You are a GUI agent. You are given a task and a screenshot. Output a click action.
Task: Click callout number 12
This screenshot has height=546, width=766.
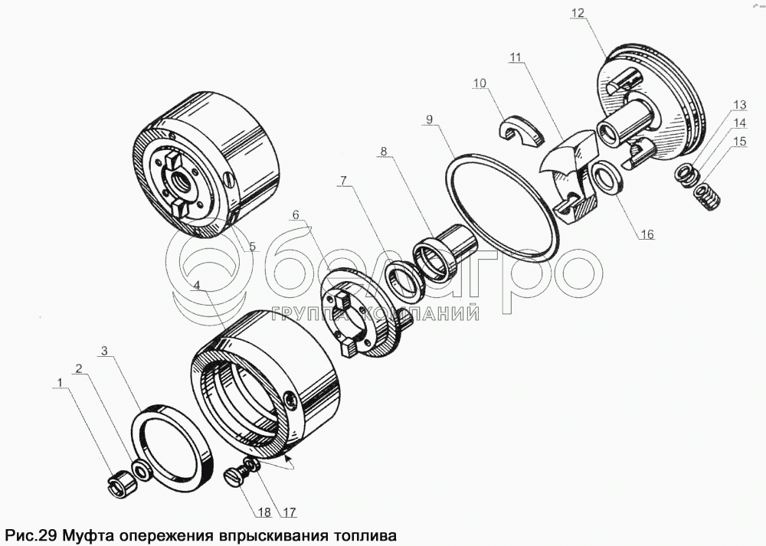[x=578, y=13]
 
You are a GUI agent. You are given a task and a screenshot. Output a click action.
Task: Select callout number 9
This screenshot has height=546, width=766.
[x=430, y=119]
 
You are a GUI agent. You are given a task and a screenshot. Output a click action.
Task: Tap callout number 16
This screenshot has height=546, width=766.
[x=647, y=235]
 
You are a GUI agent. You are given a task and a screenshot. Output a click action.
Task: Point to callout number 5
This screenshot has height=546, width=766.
[x=253, y=247]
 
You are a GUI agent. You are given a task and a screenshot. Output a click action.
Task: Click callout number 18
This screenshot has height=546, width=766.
[x=264, y=512]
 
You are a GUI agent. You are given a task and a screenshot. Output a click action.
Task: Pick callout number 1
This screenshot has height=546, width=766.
[x=60, y=384]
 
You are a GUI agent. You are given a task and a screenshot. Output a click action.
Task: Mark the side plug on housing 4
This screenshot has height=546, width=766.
[x=290, y=399]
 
